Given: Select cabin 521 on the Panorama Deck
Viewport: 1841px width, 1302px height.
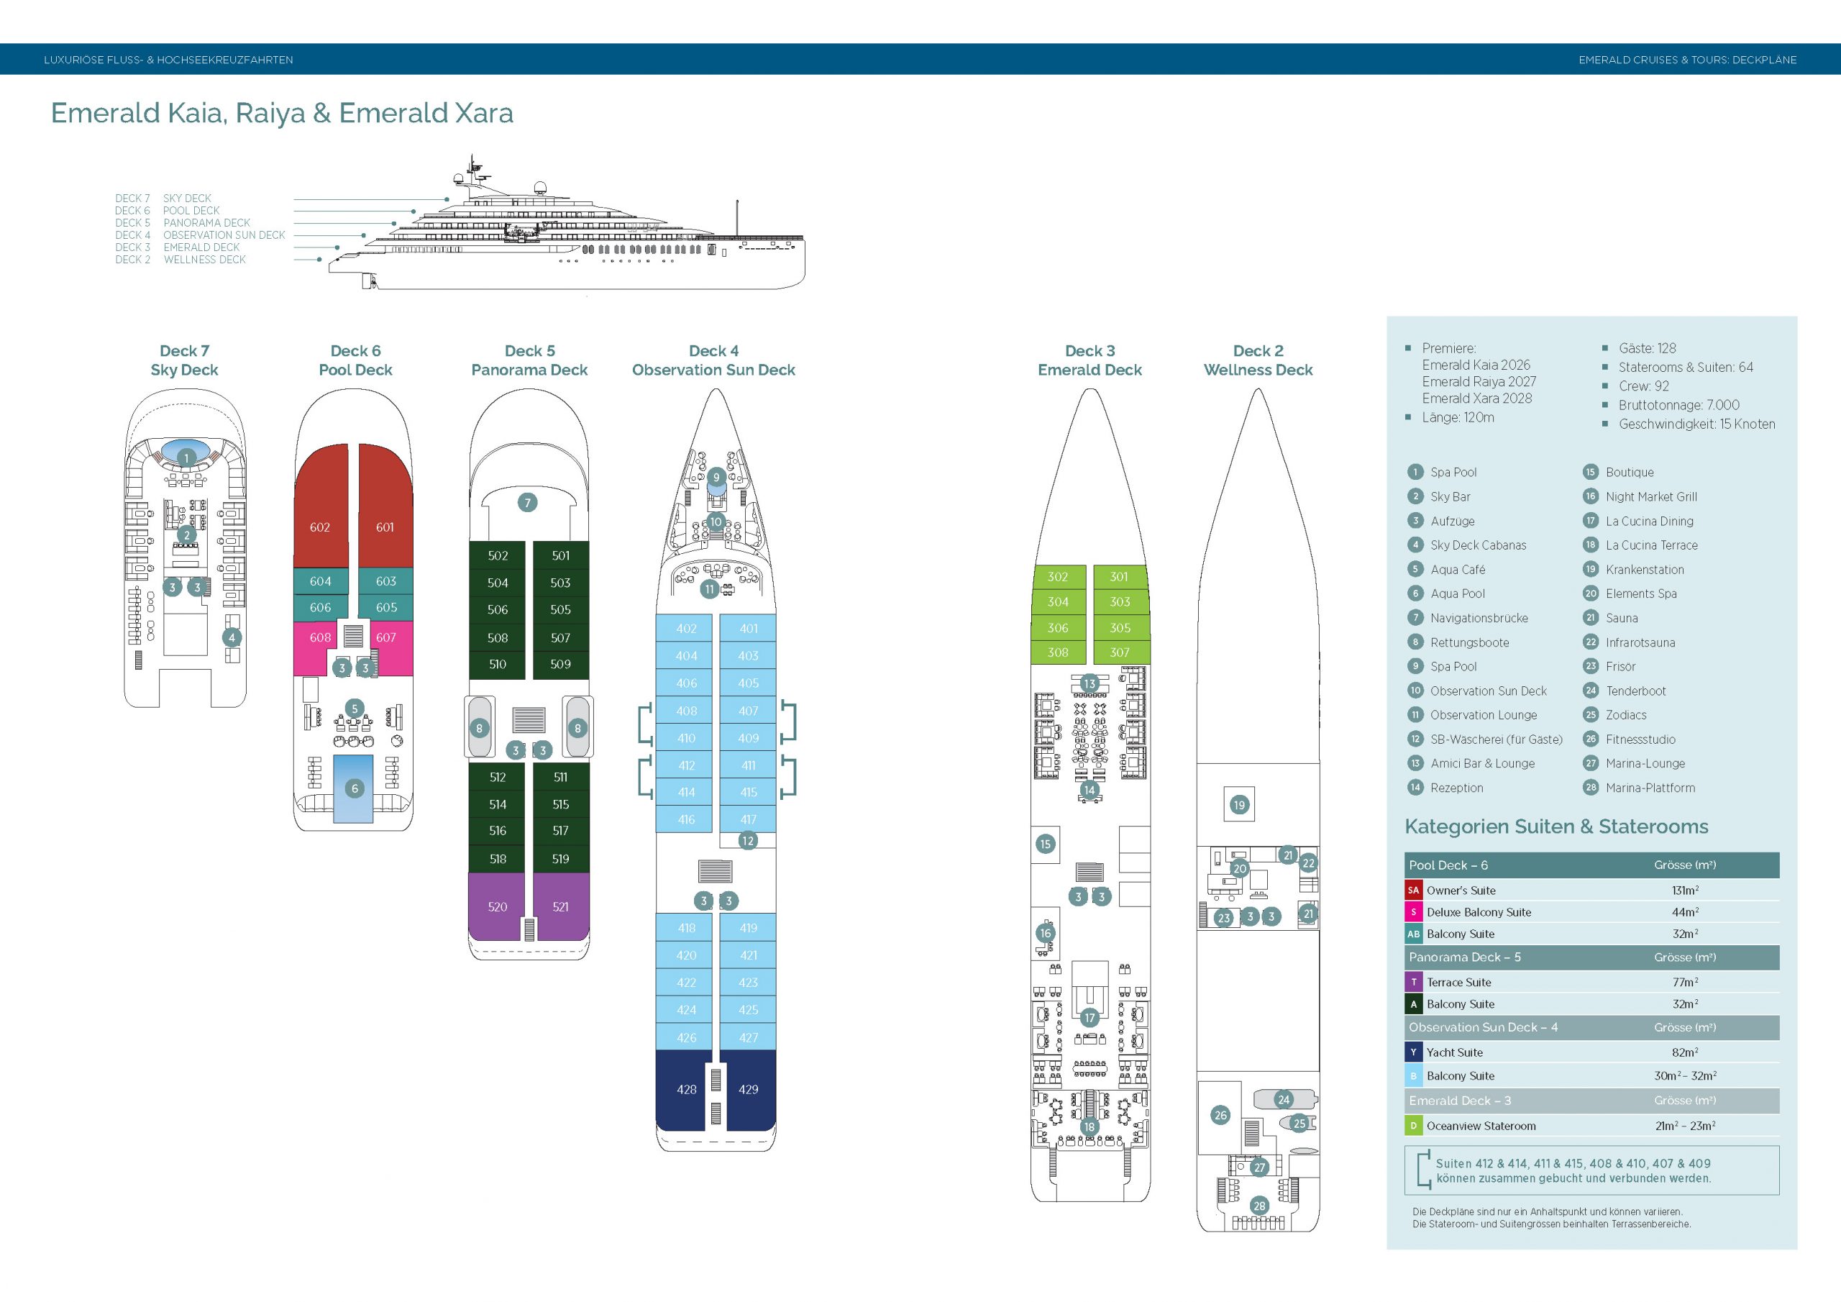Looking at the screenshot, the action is [x=561, y=906].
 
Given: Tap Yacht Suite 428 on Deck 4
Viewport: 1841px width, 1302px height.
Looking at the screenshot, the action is [x=685, y=1089].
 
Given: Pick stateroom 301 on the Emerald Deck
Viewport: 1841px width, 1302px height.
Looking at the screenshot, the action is [x=1120, y=577].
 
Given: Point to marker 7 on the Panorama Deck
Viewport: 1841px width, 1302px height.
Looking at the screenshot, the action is [x=527, y=503].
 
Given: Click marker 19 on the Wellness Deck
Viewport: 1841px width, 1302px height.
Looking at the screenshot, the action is [x=1240, y=805].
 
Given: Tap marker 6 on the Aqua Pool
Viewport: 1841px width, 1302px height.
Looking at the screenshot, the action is [x=355, y=788].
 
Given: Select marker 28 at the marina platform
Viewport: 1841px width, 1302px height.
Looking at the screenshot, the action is [x=1259, y=1206].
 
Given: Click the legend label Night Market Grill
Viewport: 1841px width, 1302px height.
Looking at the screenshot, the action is [x=1651, y=496].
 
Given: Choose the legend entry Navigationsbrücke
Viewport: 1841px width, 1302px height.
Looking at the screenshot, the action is [x=1479, y=618].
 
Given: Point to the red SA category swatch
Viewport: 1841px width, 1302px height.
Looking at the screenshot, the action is [x=1414, y=890].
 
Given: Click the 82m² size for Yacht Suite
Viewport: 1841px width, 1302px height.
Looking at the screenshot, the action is [x=1686, y=1052].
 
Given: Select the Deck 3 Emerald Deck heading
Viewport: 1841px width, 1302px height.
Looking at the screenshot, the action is [x=1089, y=360].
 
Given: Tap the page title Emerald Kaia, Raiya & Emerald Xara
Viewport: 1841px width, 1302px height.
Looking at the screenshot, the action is [x=282, y=113].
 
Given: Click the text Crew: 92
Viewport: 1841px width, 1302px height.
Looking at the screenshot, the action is [x=1644, y=386].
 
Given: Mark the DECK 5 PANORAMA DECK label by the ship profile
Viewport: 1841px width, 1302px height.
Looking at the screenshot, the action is [x=183, y=223].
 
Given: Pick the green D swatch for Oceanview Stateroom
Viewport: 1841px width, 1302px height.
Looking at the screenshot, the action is [x=1414, y=1126].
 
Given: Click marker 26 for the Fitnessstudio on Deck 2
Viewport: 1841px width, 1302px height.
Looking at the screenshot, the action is [x=1220, y=1115].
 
